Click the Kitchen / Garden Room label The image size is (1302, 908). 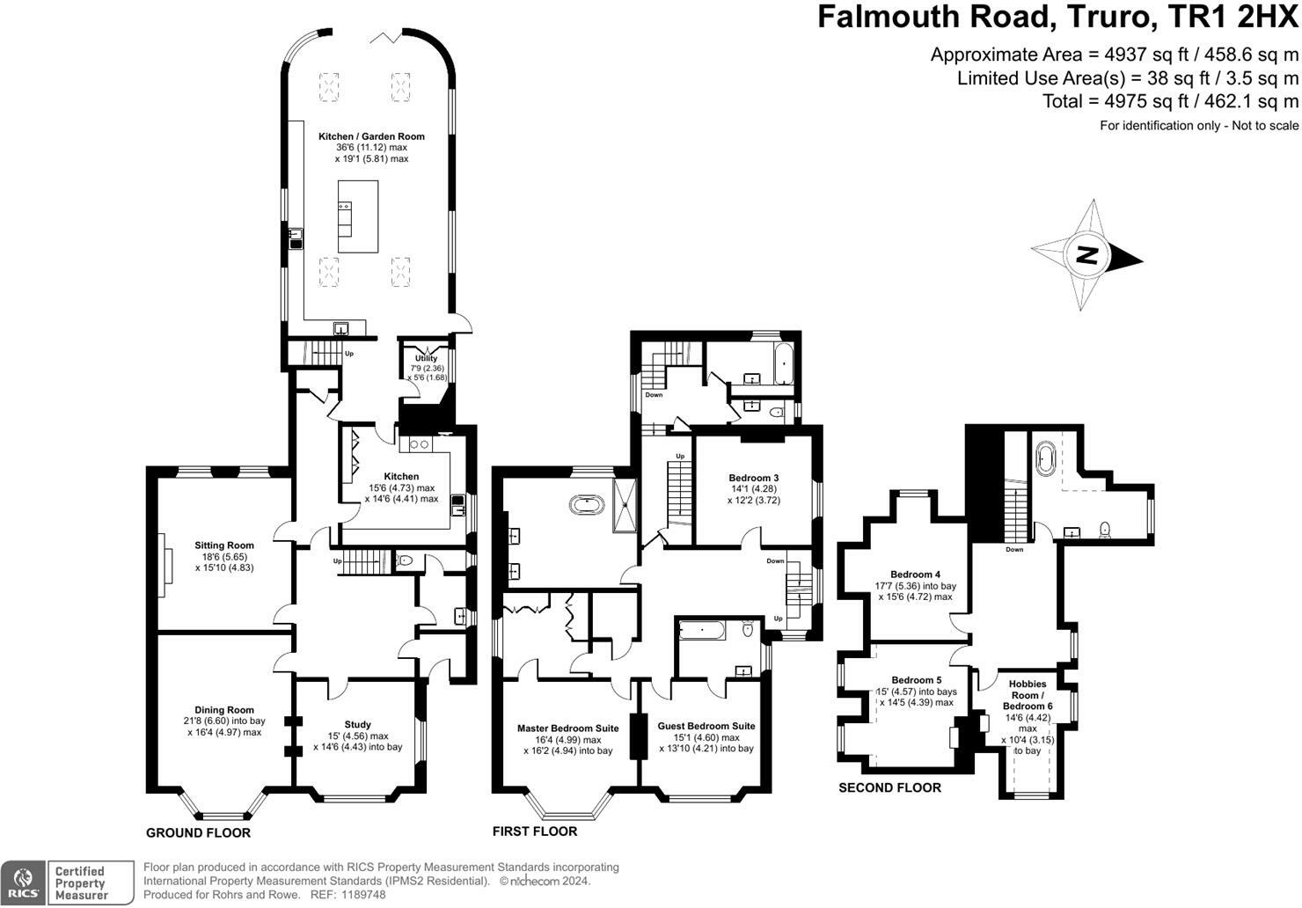pos(371,136)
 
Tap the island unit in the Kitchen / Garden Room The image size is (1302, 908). pos(358,216)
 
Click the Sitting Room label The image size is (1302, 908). pos(224,546)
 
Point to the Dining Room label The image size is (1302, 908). pos(224,710)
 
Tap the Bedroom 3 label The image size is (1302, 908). pos(754,478)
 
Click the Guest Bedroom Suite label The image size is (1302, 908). pos(706,726)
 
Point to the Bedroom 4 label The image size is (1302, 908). pos(915,575)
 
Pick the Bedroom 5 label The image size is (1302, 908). pos(916,680)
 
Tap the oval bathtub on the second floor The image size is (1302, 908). pos(1045,460)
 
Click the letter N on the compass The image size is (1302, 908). pos(1087,256)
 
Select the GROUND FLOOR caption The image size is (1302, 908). pos(198,832)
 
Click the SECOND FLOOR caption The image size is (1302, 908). pos(889,787)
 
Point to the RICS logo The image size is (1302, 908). pos(23,882)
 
